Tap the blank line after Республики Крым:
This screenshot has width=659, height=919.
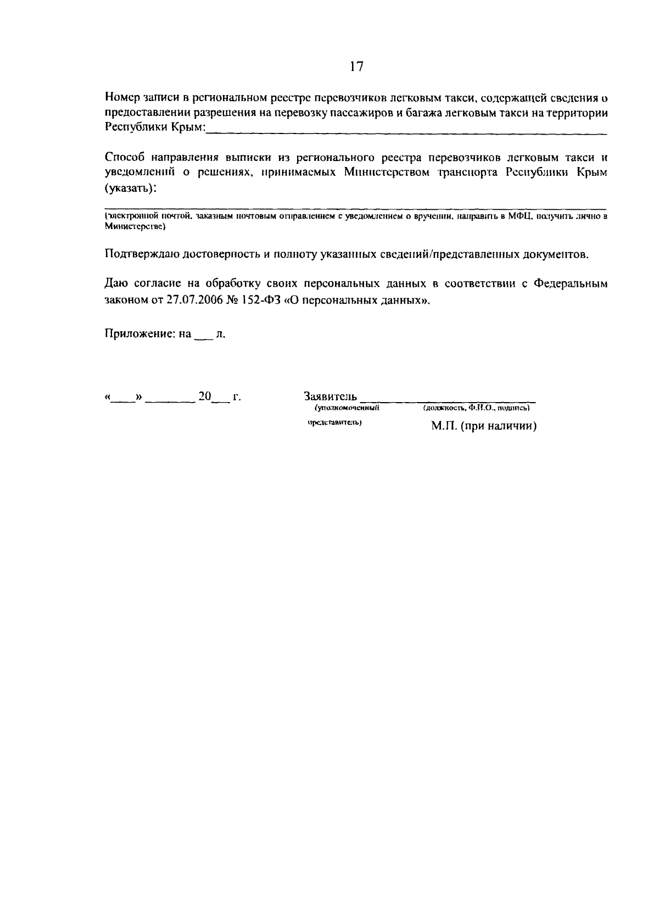pos(406,130)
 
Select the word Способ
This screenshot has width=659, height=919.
pos(124,158)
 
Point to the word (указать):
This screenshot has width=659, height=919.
pos(130,188)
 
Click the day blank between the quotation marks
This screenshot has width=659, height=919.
pos(124,398)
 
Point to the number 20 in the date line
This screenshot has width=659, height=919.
pos(205,396)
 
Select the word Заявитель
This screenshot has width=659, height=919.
pos(330,396)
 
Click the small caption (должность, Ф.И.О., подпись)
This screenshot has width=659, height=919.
pos(476,408)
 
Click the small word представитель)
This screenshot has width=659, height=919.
pos(334,423)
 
